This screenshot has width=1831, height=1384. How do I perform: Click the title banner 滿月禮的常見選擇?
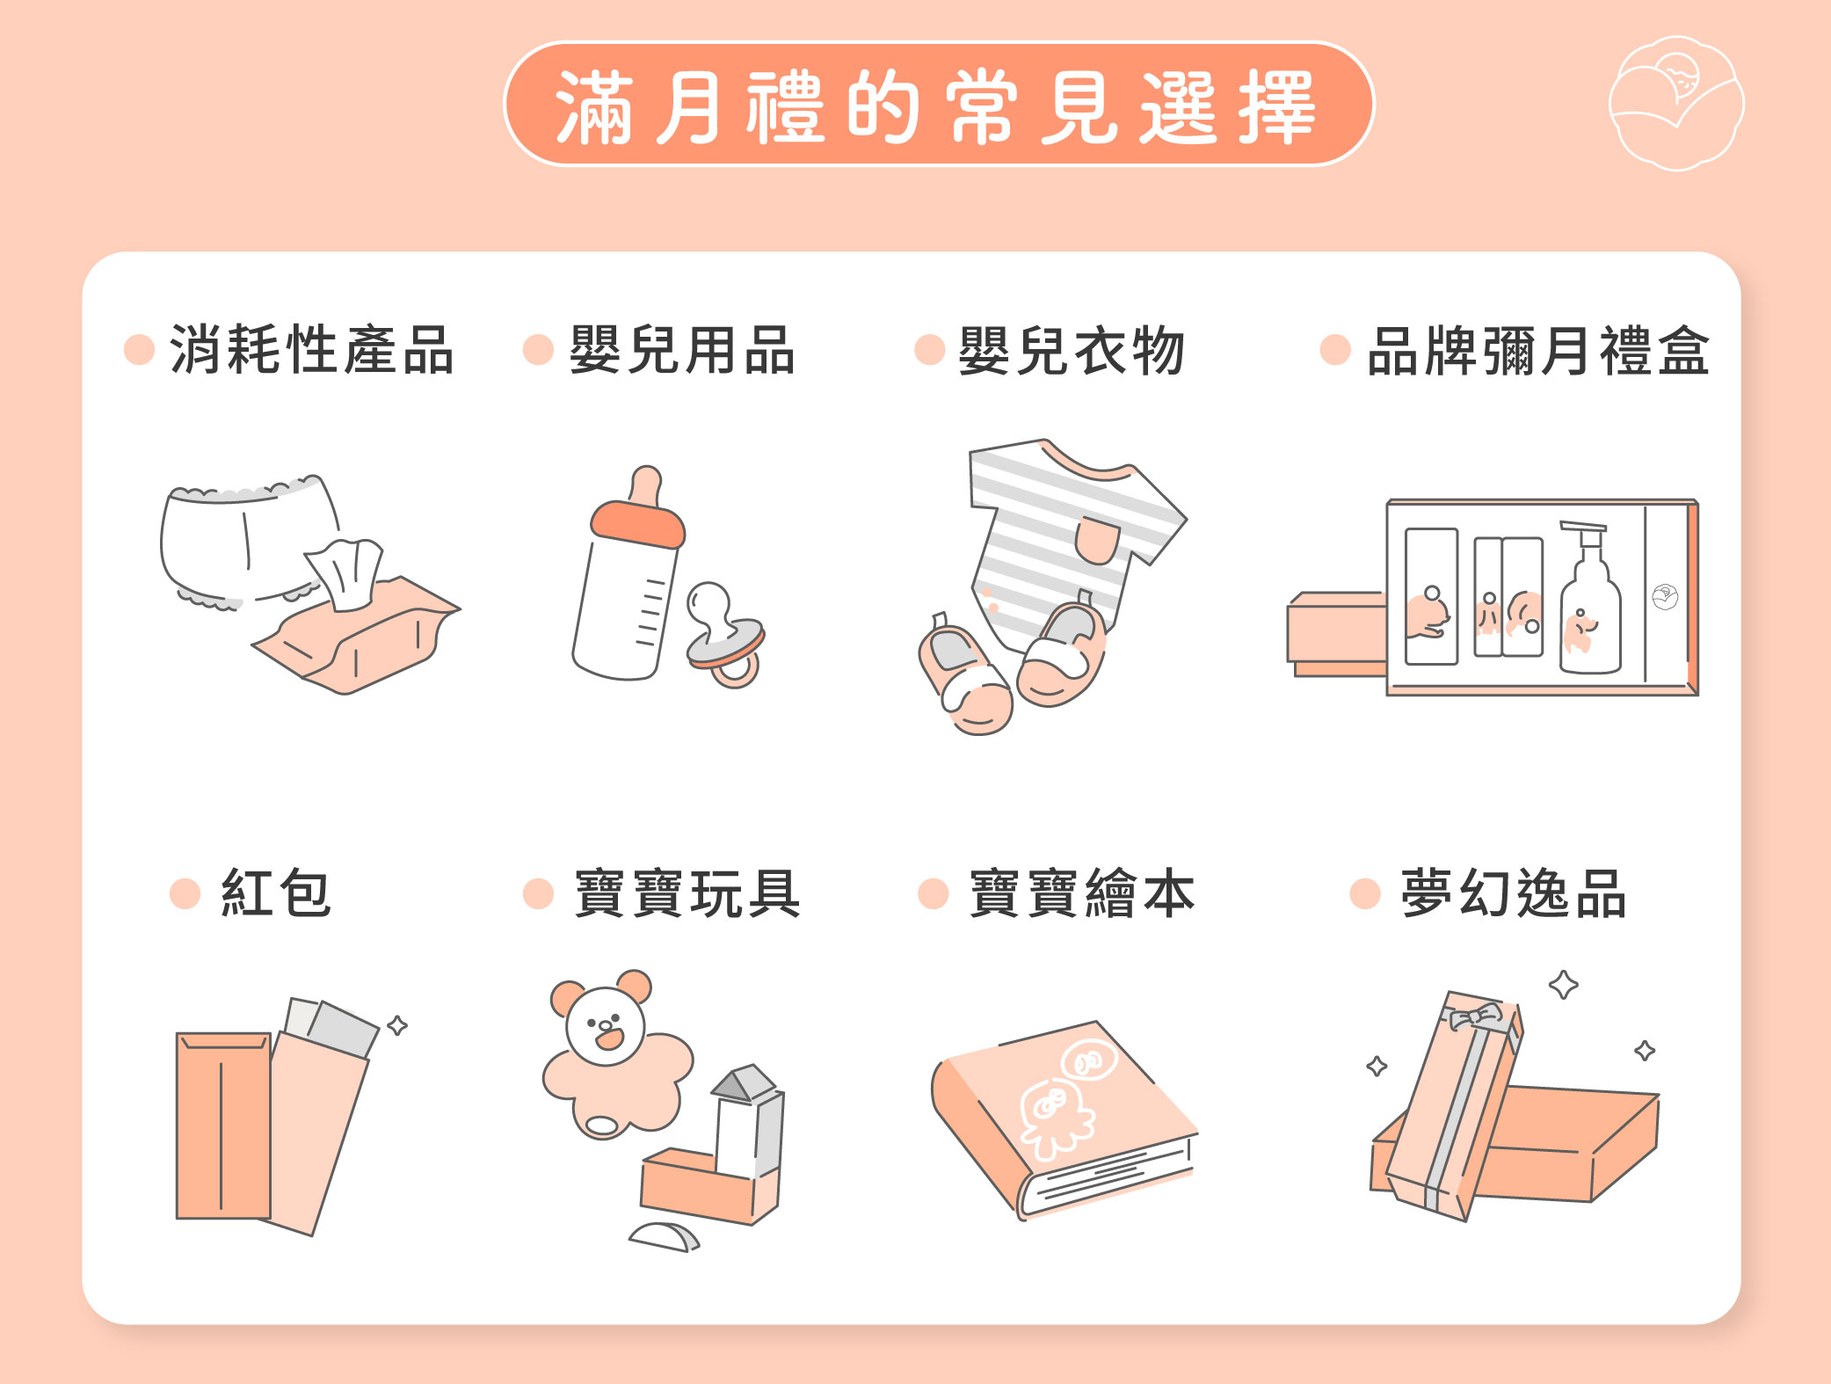point(938,105)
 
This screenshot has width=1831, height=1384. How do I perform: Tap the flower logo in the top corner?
point(1676,103)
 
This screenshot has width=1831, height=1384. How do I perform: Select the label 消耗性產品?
point(312,350)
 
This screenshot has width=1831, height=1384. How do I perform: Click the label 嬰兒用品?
point(682,350)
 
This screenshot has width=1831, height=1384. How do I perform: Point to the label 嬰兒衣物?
point(1072,350)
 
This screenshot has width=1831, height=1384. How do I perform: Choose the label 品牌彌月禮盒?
point(1538,350)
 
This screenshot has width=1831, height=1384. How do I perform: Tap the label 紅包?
point(276,892)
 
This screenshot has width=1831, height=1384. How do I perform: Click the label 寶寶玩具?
point(687,892)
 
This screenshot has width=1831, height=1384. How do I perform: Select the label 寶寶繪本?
point(1082,892)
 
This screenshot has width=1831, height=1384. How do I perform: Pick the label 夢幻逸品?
point(1514,892)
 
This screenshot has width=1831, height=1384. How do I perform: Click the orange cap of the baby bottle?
point(638,523)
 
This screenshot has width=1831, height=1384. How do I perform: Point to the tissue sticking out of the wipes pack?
point(345,572)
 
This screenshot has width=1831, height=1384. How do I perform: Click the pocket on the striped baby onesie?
point(1097,540)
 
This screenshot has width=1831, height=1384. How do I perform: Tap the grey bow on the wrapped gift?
point(1476,1016)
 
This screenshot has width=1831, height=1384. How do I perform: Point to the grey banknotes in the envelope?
point(332,1027)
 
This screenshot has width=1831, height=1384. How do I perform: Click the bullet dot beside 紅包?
point(185,893)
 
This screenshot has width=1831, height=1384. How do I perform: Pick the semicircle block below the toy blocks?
point(665,1235)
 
